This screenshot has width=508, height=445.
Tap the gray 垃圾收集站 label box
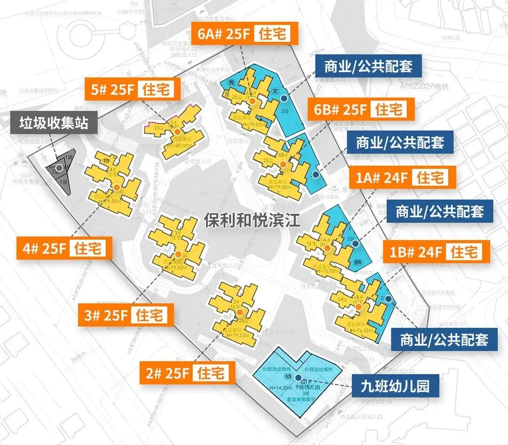click(x=54, y=123)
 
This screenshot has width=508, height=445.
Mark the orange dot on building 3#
click(x=178, y=254)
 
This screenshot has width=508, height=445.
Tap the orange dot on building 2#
click(x=240, y=312)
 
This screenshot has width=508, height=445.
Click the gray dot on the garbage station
click(x=60, y=167)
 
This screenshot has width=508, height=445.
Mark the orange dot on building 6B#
click(x=283, y=164)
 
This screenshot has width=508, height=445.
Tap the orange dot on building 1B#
click(x=358, y=307)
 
